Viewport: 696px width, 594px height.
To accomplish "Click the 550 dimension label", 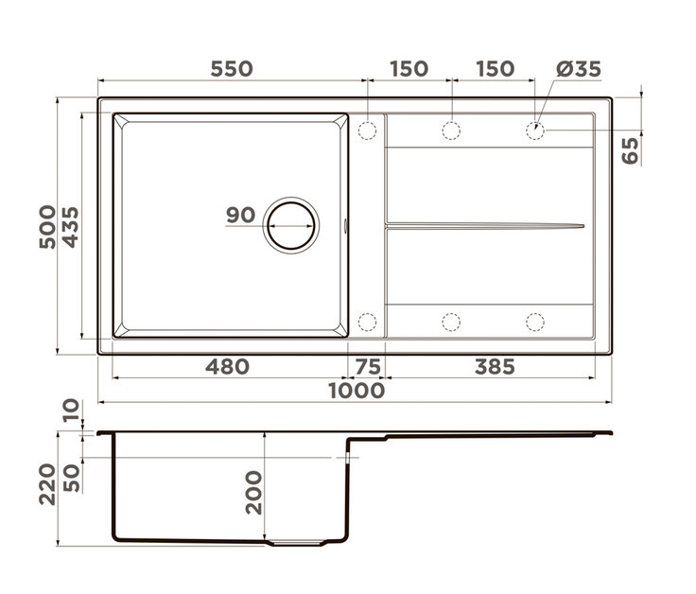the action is (232, 69).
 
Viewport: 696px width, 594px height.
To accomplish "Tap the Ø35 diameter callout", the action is (579, 69).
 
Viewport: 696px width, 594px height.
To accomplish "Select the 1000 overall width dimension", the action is (357, 391).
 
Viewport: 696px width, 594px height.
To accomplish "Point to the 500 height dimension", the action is (47, 226).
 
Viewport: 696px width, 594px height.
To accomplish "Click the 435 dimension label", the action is (70, 226).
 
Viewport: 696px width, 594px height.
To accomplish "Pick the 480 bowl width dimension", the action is (227, 367).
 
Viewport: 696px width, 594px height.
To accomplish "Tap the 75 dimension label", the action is (369, 367).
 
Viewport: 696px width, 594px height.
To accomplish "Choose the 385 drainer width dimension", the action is (495, 367).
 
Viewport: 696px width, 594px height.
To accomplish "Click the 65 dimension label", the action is (630, 150).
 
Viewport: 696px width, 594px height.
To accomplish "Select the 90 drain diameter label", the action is (240, 215).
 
